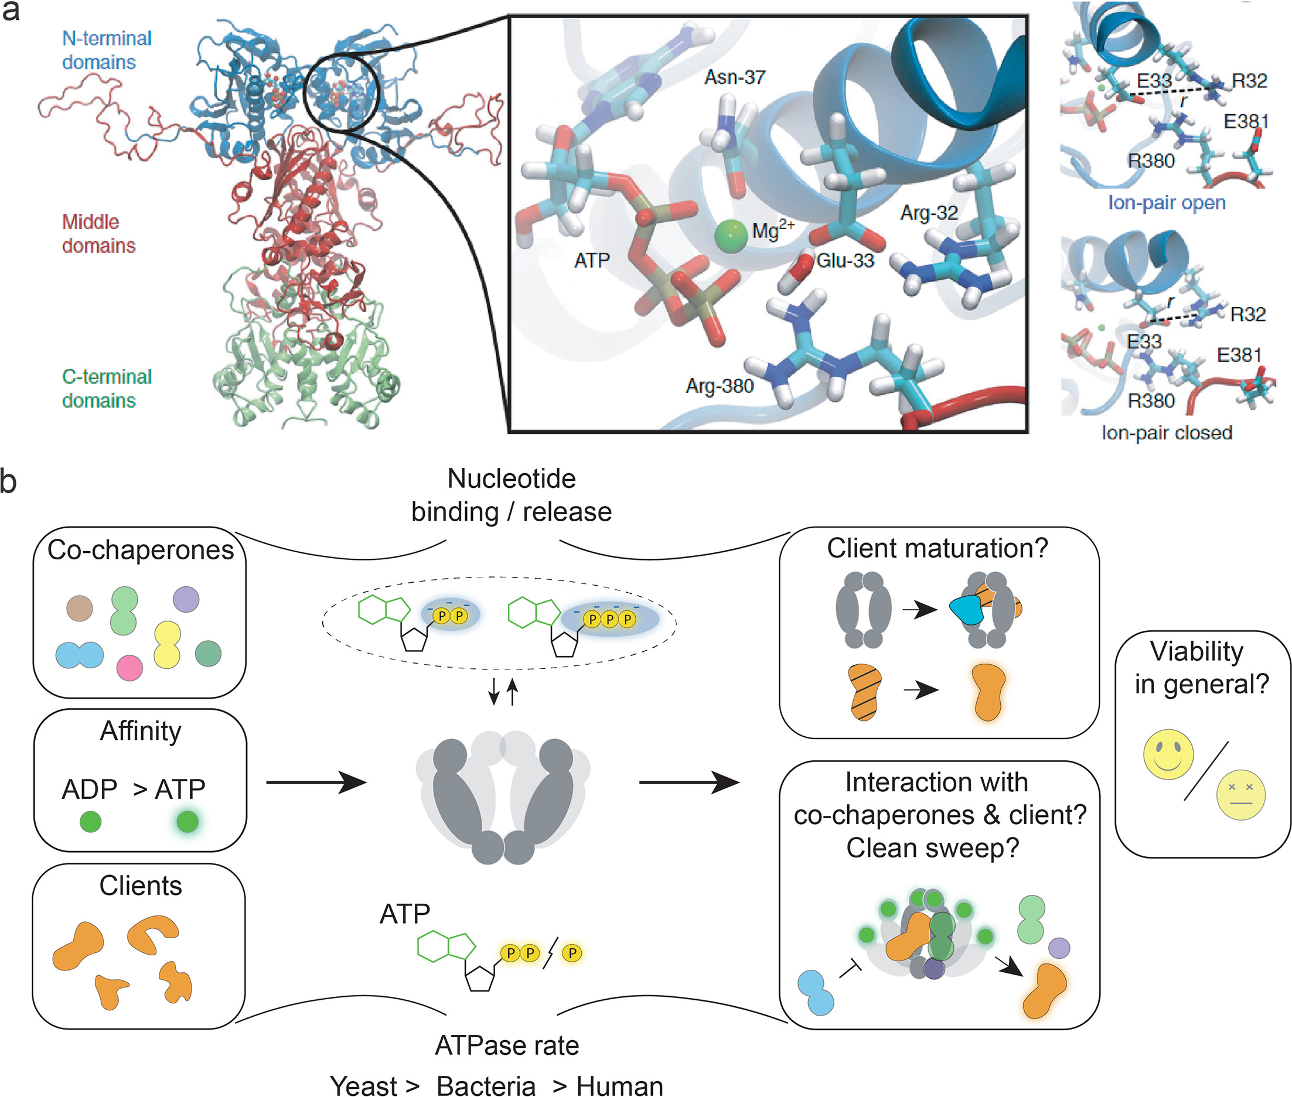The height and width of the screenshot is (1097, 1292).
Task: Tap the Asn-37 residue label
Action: pos(735,78)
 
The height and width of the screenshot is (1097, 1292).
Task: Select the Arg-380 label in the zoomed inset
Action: pos(719,386)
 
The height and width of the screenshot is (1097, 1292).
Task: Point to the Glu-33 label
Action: pos(845,261)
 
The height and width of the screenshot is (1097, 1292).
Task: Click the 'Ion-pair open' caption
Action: pos(1167,203)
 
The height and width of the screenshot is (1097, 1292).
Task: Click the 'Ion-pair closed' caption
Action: pos(1167,432)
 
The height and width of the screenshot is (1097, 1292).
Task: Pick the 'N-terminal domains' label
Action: pos(107,50)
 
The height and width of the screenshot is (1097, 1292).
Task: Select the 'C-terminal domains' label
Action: pos(107,389)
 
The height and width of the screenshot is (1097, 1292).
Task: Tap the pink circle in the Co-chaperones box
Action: pos(129,668)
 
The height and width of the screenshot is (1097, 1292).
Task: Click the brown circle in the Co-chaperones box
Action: pos(80,608)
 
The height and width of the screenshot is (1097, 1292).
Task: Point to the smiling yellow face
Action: pos(1168,754)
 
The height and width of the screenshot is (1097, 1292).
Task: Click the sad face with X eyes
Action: pos(1240,795)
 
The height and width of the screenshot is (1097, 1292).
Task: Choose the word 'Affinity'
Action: pos(141,731)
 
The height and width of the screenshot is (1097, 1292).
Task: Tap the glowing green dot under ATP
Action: pos(188,822)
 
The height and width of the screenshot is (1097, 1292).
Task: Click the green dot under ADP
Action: pos(91,822)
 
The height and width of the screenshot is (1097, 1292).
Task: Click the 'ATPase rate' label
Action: pos(507,1045)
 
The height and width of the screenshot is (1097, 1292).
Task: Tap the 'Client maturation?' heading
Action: pos(937,548)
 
